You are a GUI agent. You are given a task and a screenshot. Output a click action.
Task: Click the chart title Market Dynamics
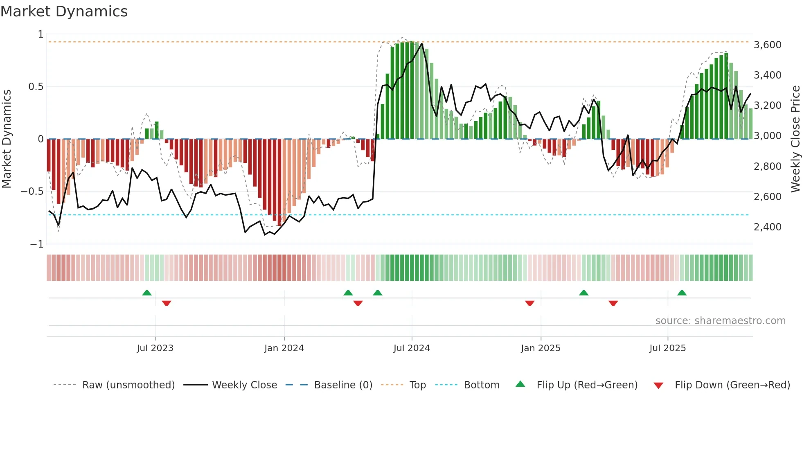coord(64,11)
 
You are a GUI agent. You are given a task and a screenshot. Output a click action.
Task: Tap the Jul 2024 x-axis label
coord(412,348)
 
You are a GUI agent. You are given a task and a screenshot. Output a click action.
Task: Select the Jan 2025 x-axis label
coord(541,348)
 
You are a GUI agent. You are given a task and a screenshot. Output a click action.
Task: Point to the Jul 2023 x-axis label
coord(155,348)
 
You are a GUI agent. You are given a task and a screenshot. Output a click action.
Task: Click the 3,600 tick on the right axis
coord(768,45)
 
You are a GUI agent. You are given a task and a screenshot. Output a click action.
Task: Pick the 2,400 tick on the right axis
coord(768,227)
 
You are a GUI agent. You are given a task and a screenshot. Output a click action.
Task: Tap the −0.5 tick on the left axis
coord(32,192)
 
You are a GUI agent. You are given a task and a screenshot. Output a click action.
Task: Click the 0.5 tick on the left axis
coord(36,87)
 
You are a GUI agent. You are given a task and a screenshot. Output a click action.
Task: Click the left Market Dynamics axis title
coord(7,139)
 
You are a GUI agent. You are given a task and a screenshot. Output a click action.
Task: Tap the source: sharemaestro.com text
coord(720,321)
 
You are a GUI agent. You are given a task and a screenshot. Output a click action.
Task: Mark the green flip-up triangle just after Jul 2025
coord(682,293)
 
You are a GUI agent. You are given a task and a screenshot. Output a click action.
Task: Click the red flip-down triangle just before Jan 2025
coord(529,303)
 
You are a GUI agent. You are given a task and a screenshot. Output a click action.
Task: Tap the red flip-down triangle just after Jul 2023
coord(166,303)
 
